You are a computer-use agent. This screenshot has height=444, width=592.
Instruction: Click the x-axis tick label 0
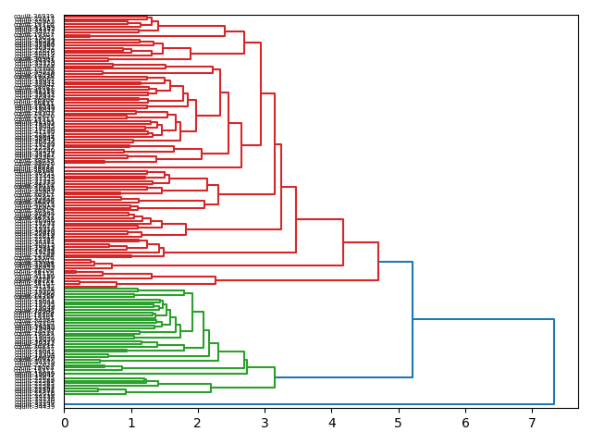(x=65, y=423)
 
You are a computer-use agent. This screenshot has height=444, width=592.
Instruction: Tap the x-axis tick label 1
(x=131, y=423)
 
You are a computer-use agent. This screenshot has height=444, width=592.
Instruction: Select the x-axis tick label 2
(x=198, y=423)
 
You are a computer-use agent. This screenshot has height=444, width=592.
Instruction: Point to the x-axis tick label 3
(x=265, y=423)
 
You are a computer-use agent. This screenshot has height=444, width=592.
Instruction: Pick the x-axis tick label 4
(x=332, y=423)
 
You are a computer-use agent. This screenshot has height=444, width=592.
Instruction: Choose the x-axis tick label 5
(x=399, y=423)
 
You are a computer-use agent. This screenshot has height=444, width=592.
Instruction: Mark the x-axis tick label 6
(x=465, y=423)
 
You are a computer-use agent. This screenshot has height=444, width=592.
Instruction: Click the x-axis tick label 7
(x=532, y=423)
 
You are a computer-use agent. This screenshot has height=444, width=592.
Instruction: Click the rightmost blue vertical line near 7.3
(x=554, y=361)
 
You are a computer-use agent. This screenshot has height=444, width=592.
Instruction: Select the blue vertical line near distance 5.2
(x=413, y=319)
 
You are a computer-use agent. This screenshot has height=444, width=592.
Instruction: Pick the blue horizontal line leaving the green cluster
(x=343, y=377)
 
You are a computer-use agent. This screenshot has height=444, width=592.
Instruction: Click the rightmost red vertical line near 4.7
(x=378, y=262)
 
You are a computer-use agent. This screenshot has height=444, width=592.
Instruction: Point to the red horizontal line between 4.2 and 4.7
(x=361, y=243)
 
